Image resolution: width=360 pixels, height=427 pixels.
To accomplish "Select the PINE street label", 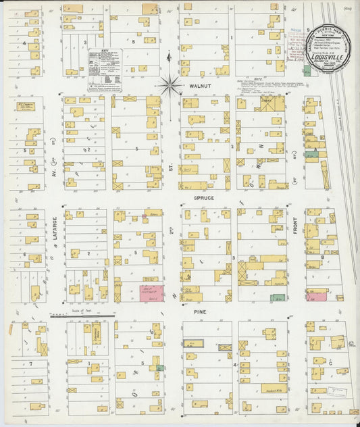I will pos(199,311).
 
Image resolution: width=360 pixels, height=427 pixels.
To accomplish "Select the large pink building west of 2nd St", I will pos(151,292).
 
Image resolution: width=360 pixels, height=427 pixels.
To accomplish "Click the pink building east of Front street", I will pos(315,295).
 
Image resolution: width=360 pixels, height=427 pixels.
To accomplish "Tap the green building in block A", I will pos(311,155).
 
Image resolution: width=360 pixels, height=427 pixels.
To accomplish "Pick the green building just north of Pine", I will pos(277,297).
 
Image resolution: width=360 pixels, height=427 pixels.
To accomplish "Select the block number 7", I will pos(31,363).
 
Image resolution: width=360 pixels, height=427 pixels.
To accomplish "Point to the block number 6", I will pos(25,255).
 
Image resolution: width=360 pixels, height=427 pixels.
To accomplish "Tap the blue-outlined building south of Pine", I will pos(194,344).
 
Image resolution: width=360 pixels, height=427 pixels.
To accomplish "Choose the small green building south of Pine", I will pos(160,367).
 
